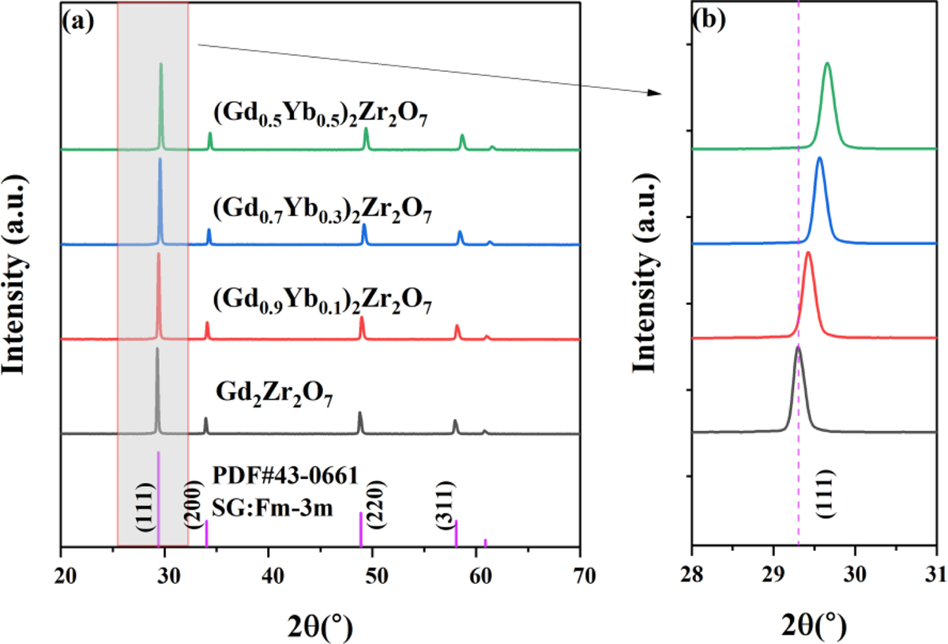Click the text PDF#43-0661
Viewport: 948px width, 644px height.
(x=285, y=475)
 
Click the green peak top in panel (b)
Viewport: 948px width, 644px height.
(x=827, y=64)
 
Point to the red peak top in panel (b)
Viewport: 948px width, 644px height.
(x=808, y=254)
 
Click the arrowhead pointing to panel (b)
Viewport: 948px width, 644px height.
(x=653, y=93)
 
